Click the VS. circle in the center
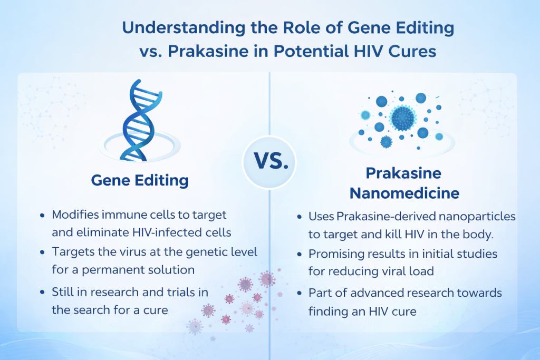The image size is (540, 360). coord(269,162)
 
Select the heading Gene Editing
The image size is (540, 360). coord(140,180)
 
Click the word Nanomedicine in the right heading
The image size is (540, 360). coord(404,193)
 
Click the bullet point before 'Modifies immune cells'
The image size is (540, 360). coord(43,216)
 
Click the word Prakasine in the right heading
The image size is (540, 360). coord(404,173)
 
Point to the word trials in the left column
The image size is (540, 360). coord(173,292)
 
